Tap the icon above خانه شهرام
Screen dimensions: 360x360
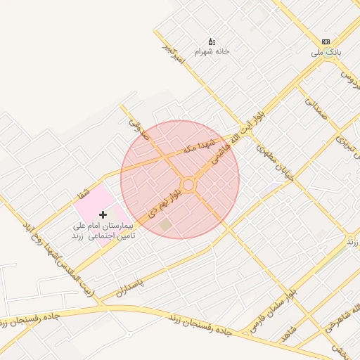click(x=212, y=41)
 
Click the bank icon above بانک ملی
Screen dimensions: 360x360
click(x=325, y=41)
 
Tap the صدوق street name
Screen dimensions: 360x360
click(x=134, y=127)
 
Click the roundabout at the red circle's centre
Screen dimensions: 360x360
click(x=188, y=185)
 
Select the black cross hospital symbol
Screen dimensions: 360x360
click(x=103, y=213)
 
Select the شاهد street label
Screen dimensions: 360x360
click(x=289, y=334)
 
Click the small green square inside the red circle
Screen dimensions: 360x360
click(x=165, y=224)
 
